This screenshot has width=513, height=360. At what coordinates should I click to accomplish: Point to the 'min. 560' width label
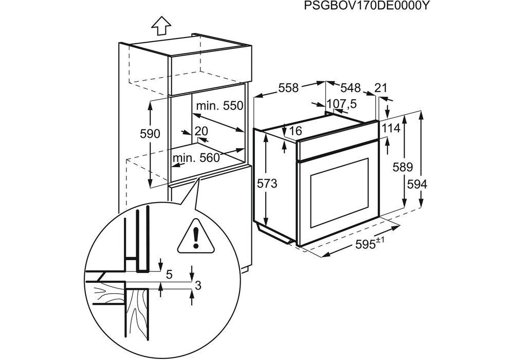(x=196, y=158)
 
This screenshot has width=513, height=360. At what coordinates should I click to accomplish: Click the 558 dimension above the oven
(x=288, y=88)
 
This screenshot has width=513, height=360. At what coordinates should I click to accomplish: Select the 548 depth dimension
(x=350, y=87)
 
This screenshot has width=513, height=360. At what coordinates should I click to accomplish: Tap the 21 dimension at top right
(x=380, y=88)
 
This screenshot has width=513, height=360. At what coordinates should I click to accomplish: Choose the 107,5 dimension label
(x=342, y=104)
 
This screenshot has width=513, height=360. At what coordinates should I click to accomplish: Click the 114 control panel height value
(x=390, y=128)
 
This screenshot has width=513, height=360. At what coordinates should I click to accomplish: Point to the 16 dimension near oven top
(x=295, y=131)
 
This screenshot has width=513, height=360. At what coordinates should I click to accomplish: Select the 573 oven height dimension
(x=267, y=184)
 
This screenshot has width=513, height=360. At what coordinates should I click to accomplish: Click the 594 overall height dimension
(x=417, y=184)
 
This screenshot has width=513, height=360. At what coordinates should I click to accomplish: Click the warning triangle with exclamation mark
(x=195, y=237)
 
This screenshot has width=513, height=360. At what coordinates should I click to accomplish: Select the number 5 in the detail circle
(x=169, y=274)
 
